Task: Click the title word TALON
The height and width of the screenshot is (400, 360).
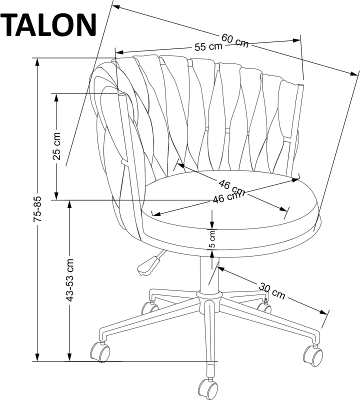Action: (x=48, y=25)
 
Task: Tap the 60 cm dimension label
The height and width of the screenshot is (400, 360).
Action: (x=234, y=40)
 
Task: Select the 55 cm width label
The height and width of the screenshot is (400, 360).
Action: (x=208, y=47)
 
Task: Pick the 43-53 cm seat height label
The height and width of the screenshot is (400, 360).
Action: (x=70, y=280)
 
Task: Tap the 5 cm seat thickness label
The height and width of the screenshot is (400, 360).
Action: (x=212, y=239)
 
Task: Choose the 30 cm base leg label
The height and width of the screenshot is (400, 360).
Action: (x=272, y=291)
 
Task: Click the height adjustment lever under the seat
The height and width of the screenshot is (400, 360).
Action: (x=148, y=264)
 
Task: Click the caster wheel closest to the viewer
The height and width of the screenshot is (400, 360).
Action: (x=207, y=387)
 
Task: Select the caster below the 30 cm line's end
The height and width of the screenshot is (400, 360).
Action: (x=313, y=354)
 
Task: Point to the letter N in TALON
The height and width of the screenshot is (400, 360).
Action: (x=84, y=25)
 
